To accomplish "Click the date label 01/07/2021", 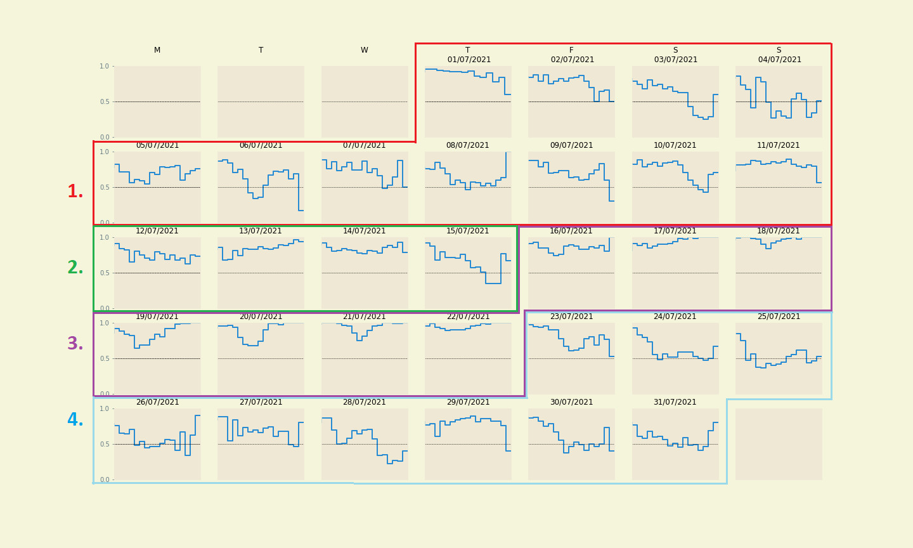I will [x=469, y=60].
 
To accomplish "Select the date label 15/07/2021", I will [x=468, y=231].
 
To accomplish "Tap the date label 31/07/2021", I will [x=675, y=402].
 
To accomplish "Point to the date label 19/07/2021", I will [x=157, y=316].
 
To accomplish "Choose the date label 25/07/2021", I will [x=779, y=316].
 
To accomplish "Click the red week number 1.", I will [x=75, y=192].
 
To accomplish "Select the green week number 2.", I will [x=75, y=268].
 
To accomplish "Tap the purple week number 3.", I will [x=75, y=344].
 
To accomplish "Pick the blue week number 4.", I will [x=75, y=421].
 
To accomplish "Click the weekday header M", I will [x=157, y=50].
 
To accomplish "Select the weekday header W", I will [x=365, y=50].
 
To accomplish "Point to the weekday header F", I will [x=571, y=50].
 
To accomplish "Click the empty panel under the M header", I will [x=157, y=101].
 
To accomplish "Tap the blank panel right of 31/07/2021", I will [x=779, y=444].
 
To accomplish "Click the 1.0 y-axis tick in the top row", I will [x=104, y=66].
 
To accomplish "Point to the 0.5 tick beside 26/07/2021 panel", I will [x=104, y=444].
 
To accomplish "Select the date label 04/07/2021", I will [x=779, y=60].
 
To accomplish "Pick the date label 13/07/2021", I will [x=261, y=231].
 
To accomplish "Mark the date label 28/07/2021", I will [x=365, y=402].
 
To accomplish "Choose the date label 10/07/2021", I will [x=675, y=145].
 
